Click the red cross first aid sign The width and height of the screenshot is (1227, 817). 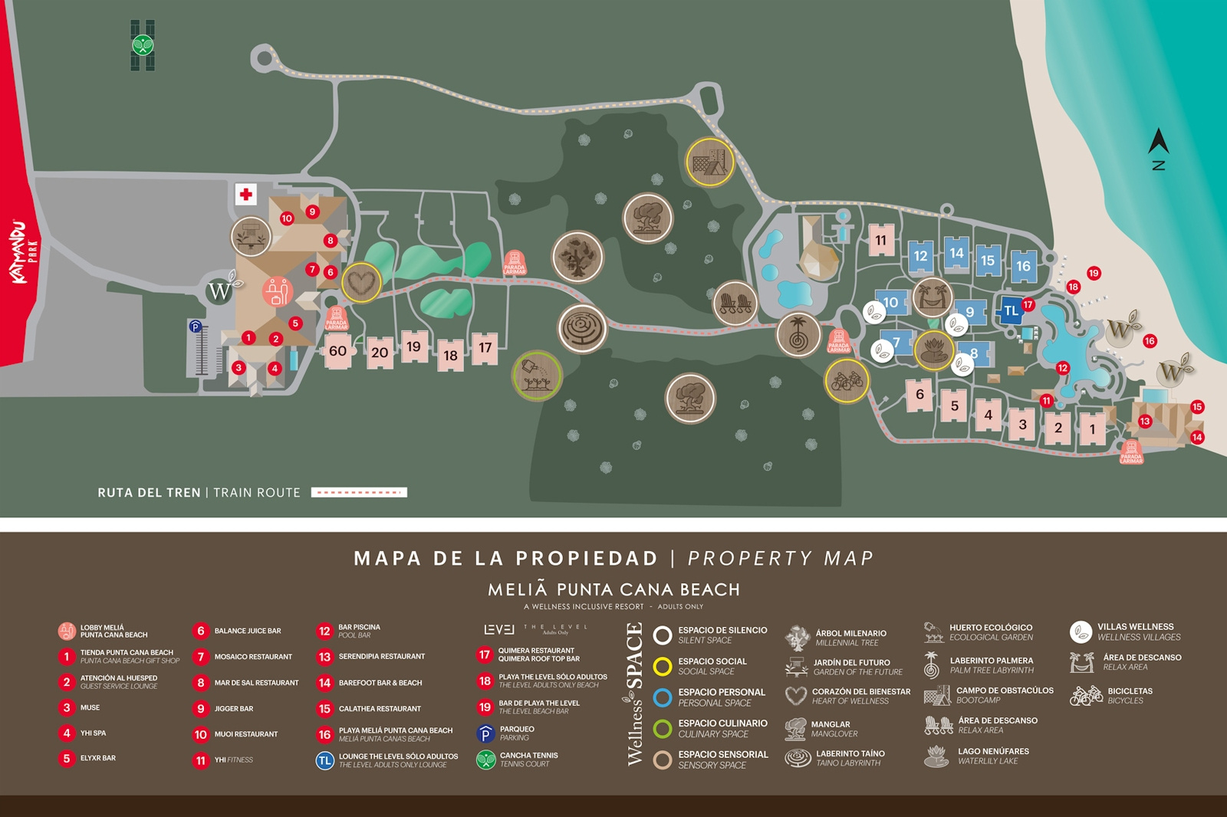[x=246, y=194]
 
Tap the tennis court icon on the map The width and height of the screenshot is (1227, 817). [x=143, y=45]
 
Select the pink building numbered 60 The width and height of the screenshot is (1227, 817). [x=337, y=351]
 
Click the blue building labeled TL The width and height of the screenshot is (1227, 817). [x=1012, y=310]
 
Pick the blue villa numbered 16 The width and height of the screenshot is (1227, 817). [x=1023, y=266]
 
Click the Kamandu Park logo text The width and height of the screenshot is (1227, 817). [x=23, y=253]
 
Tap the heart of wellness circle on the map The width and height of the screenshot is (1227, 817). [x=361, y=282]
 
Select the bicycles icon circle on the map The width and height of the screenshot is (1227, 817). [x=847, y=380]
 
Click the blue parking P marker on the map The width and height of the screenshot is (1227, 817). [x=196, y=327]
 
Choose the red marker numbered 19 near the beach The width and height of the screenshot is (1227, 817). [x=1094, y=273]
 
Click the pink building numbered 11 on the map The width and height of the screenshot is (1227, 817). [x=881, y=240]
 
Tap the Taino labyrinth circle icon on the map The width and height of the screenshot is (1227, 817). [x=583, y=329]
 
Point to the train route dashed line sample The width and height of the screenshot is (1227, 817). [x=359, y=493]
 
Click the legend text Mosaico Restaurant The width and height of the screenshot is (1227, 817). [x=253, y=657]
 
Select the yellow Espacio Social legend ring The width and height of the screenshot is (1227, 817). [x=663, y=666]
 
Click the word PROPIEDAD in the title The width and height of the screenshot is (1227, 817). [x=587, y=559]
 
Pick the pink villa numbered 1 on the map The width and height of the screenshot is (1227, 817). [x=1092, y=429]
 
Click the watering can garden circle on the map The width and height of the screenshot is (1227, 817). [x=537, y=376]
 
